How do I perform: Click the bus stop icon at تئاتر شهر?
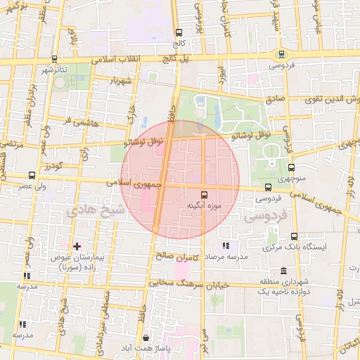click(x=55, y=60)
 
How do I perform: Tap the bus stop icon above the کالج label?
click(x=179, y=32)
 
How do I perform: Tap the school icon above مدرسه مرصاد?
click(x=225, y=246)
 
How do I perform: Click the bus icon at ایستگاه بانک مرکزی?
click(x=293, y=236)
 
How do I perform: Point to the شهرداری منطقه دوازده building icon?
click(x=283, y=271)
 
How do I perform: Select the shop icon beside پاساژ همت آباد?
click(x=145, y=337)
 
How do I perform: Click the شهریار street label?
click(x=121, y=80)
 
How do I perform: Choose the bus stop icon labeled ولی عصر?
click(x=32, y=175)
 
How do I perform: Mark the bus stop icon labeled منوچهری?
click(x=291, y=167)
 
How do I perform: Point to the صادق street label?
click(x=276, y=99)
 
